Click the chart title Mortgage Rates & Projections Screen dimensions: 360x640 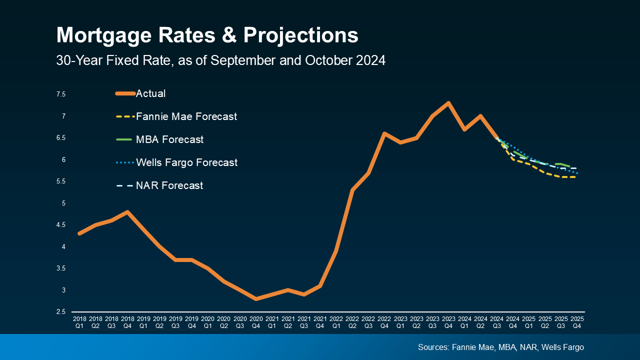click(x=207, y=36)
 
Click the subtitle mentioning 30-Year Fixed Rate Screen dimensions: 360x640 click(x=220, y=60)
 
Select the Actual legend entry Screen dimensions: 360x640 click(x=150, y=93)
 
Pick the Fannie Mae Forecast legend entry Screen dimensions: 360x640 click(x=186, y=116)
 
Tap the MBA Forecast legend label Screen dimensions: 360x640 click(x=169, y=139)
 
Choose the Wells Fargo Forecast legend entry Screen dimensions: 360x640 click(x=186, y=162)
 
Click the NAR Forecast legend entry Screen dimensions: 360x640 click(x=169, y=185)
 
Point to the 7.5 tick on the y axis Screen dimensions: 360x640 click(x=60, y=94)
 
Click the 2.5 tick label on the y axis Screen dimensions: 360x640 click(x=60, y=312)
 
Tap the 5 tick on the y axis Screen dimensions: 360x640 click(x=63, y=203)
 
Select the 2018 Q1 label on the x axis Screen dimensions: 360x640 click(x=79, y=321)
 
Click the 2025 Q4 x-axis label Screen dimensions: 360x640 click(x=577, y=321)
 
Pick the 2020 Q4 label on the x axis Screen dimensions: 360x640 click(x=256, y=321)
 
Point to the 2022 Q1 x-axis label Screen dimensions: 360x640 click(x=336, y=321)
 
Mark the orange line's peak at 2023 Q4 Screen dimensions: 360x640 click(x=448, y=103)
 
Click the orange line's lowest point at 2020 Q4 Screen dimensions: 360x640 click(x=256, y=299)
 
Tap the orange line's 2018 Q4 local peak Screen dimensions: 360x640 click(x=128, y=212)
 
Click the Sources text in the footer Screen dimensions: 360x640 click(x=500, y=347)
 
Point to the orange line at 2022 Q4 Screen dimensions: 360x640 click(x=384, y=133)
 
